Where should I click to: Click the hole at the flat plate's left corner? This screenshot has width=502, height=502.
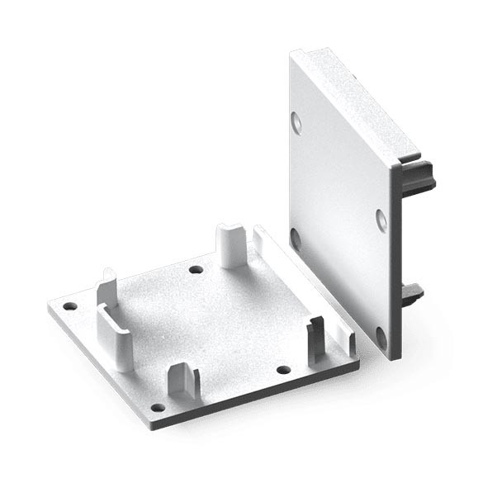pos(70,306)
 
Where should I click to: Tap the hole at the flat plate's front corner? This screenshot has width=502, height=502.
pos(158,407)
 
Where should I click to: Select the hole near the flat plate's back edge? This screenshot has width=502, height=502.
pos(196,269)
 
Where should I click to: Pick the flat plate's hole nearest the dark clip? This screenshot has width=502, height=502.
pos(283,369)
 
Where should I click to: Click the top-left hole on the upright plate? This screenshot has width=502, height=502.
pos(296,123)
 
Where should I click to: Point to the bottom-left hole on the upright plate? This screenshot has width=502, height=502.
pos(295,239)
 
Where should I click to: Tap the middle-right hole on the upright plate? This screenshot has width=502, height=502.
pos(381,219)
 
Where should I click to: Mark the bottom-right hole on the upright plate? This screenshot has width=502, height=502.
pos(381,336)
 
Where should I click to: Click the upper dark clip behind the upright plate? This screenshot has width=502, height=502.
pos(419,175)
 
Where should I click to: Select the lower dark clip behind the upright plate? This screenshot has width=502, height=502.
pos(410,293)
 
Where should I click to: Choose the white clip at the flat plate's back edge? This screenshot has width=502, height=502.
pos(230,245)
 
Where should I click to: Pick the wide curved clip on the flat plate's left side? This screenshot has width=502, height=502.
pos(115,326)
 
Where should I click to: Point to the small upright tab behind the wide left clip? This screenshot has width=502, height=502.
pos(107,285)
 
